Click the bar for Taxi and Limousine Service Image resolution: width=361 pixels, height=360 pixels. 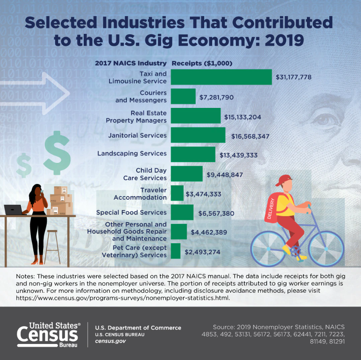[x=221, y=77]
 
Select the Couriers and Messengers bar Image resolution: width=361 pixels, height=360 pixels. [x=183, y=96]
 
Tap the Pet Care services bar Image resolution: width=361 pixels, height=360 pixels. [x=175, y=251]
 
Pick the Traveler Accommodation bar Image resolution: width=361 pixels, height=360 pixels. [x=177, y=193]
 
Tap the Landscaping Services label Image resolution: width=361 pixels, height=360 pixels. [x=132, y=153]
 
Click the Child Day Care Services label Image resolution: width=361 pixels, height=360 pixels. [x=145, y=174]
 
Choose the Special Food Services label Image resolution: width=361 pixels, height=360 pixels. [x=131, y=212]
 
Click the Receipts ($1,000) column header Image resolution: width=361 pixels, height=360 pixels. [x=202, y=63]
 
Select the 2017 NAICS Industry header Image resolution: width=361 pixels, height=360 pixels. [x=131, y=63]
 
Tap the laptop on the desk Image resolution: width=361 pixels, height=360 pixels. [x=14, y=209]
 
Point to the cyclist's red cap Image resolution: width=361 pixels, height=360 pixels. [x=284, y=179]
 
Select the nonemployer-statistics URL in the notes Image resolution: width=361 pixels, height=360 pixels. [x=123, y=298]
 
